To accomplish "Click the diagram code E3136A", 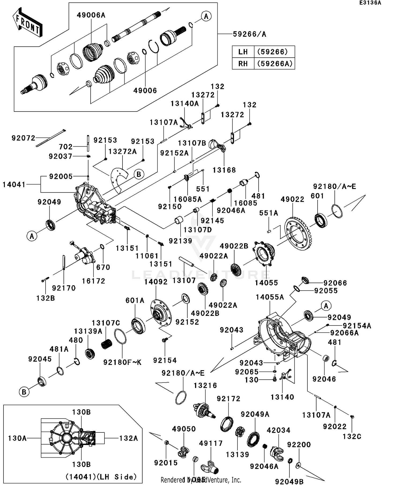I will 370,3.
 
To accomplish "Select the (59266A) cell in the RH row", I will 274,64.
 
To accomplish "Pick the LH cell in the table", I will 243,52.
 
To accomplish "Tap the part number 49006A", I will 91,15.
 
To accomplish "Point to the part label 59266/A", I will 249,34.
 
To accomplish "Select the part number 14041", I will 14,184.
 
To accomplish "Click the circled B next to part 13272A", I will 139,174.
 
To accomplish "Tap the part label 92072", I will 23,138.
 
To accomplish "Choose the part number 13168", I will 224,170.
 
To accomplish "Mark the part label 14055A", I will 270,297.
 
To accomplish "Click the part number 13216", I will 205,386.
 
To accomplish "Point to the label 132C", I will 352,437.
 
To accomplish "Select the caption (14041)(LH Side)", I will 101,477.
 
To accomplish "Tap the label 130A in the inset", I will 17,438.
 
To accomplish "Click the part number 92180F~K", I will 122,362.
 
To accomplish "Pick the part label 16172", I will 93,281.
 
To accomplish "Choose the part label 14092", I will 156,282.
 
